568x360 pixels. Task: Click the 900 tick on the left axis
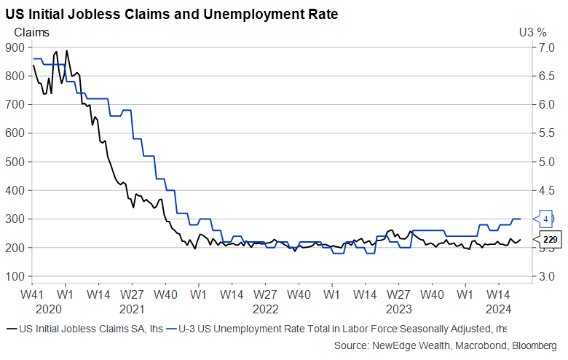point(15,47)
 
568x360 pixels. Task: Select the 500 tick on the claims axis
point(15,162)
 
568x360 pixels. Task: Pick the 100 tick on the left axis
point(15,276)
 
